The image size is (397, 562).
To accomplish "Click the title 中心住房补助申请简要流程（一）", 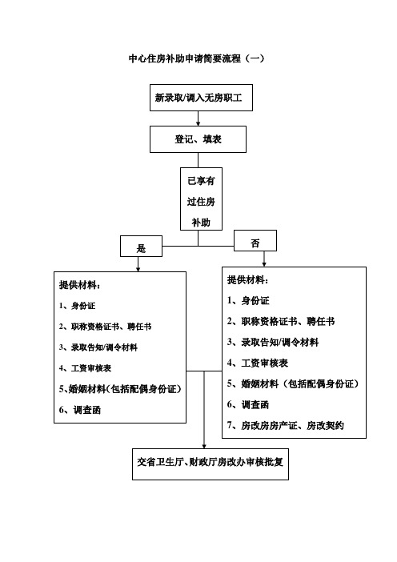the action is tap(196, 58).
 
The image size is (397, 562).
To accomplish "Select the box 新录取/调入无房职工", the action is tap(201, 98).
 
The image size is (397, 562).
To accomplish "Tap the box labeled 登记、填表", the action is tap(198, 139).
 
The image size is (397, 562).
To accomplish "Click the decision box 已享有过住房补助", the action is tap(201, 199).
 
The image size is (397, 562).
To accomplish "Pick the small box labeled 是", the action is tap(141, 247).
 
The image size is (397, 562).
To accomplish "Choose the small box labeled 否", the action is tap(255, 240).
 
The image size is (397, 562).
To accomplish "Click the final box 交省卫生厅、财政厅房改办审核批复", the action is tap(211, 464).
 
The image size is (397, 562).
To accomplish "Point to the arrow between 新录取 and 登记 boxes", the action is tap(198, 118).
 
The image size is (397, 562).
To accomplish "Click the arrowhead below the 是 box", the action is tap(138, 269).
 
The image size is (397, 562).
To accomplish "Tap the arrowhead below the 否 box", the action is tap(264, 264).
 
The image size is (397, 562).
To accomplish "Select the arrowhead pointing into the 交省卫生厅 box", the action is tap(204, 446).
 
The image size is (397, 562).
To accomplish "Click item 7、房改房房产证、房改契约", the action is tap(286, 425).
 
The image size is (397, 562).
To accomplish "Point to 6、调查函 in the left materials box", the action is tap(80, 410).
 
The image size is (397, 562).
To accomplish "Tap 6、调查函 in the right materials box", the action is tap(248, 404).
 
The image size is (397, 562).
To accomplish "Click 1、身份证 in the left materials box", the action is tap(77, 306).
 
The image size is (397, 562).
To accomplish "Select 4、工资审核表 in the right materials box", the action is tap(258, 363).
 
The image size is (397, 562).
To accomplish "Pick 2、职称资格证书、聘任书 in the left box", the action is tap(106, 327).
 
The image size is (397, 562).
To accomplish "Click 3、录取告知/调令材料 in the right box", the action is tap(273, 343).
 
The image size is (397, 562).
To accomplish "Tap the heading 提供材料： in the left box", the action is tap(79, 285).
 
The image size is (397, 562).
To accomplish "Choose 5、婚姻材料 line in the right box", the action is tap(293, 383).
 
